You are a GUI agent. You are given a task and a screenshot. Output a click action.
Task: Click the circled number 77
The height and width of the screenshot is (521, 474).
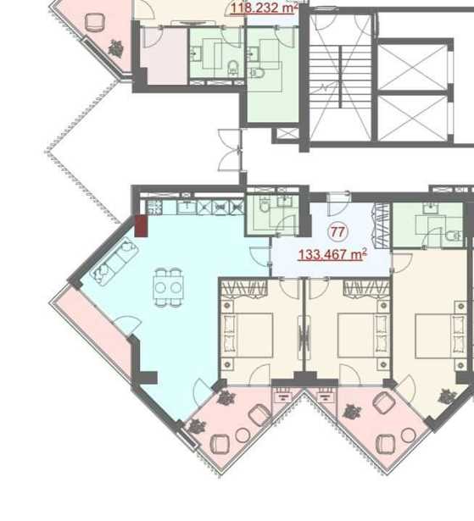pyautogui.click(x=338, y=232)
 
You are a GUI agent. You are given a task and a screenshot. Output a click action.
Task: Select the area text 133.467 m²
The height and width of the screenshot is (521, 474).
pyautogui.click(x=332, y=254)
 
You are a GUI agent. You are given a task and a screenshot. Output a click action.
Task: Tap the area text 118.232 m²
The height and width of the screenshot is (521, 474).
pyautogui.click(x=263, y=8)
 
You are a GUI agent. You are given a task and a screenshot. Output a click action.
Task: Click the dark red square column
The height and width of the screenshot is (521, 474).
pyautogui.click(x=141, y=226)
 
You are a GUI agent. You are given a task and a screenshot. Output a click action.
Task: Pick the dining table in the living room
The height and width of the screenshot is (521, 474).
pyautogui.click(x=168, y=288)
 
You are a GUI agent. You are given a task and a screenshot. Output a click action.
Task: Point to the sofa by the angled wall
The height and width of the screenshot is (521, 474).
pyautogui.click(x=114, y=262)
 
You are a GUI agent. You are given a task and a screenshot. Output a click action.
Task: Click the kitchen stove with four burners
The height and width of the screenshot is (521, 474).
pyautogui.click(x=154, y=208)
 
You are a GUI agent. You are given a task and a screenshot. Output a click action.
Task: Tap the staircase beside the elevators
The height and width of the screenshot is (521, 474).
pyautogui.click(x=341, y=77)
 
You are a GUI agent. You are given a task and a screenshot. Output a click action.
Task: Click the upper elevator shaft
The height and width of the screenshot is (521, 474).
pyautogui.click(x=412, y=67)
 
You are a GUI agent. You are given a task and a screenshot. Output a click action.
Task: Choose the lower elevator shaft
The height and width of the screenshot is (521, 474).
pyautogui.click(x=412, y=119)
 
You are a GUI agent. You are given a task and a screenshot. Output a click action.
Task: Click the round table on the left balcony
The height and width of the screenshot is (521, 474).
pyautogui.click(x=243, y=435)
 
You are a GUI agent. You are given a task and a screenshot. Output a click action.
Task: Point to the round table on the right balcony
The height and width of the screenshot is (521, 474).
pyautogui.click(x=409, y=435)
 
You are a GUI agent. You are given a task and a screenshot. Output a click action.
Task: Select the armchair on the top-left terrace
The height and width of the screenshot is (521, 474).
pyautogui.click(x=95, y=22)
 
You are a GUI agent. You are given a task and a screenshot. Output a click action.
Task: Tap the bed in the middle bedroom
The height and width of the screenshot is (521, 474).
pyautogui.click(x=363, y=335)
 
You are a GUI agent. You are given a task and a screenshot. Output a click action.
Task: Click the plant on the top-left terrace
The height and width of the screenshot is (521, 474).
pyautogui.click(x=116, y=47)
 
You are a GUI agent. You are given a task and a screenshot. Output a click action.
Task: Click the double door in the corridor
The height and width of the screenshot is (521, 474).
pyautogui.click(x=230, y=150)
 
